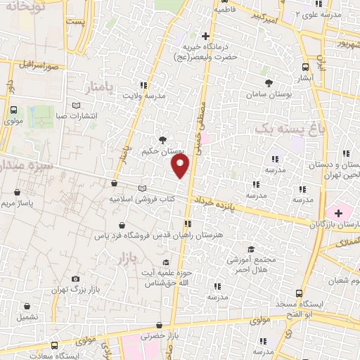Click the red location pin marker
181,166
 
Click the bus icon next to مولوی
13,110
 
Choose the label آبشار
304,78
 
